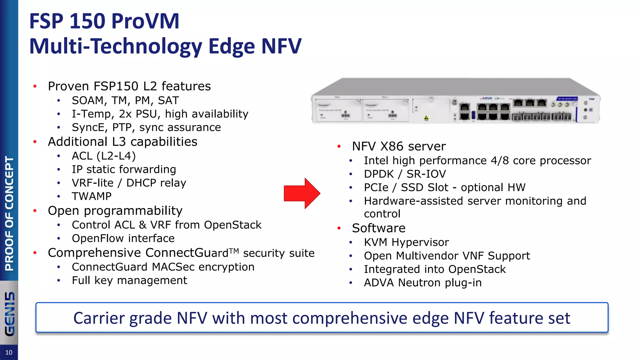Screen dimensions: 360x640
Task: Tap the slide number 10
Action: [9, 352]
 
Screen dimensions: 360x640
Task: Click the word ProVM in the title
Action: [145, 21]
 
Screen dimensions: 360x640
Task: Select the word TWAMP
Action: [92, 196]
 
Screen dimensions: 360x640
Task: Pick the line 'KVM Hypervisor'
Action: [406, 242]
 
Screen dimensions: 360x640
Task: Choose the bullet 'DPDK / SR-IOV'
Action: [405, 174]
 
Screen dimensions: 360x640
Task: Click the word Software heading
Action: [378, 228]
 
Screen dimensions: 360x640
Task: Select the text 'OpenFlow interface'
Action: [123, 238]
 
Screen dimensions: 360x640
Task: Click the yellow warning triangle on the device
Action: [426, 118]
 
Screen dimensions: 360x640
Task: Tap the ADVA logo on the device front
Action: [487, 98]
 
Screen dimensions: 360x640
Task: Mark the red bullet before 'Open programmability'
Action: [35, 211]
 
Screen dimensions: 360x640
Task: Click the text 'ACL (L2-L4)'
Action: [104, 156]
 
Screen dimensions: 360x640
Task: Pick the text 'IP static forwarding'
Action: [124, 169]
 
